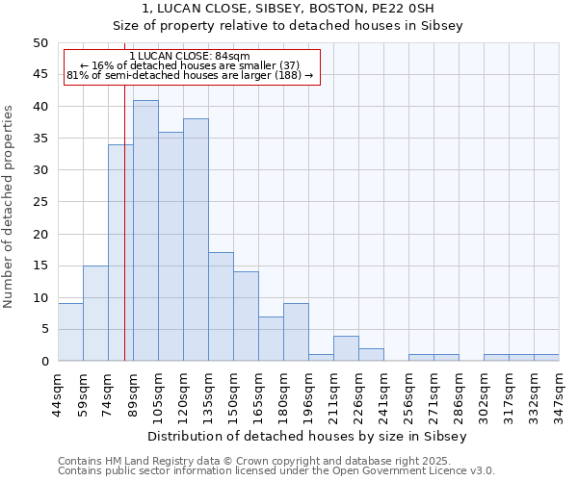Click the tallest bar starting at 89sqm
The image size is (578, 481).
(x=145, y=231)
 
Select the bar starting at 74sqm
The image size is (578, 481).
(x=120, y=253)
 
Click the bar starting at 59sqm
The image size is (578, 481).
(x=95, y=314)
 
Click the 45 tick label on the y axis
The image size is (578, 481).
(x=39, y=75)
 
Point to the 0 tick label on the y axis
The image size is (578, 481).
(x=43, y=362)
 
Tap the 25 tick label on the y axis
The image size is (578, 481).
(x=39, y=202)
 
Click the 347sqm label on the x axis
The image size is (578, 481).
(x=559, y=393)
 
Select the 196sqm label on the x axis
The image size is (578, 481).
(x=308, y=393)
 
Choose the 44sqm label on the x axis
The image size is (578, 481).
(x=58, y=393)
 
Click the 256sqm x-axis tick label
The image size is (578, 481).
(x=408, y=393)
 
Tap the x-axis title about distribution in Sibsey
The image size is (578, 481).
(x=307, y=436)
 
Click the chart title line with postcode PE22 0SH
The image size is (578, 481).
(x=288, y=9)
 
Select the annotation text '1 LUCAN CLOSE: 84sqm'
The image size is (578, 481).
(x=190, y=56)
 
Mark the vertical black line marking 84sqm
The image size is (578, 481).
(x=124, y=240)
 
